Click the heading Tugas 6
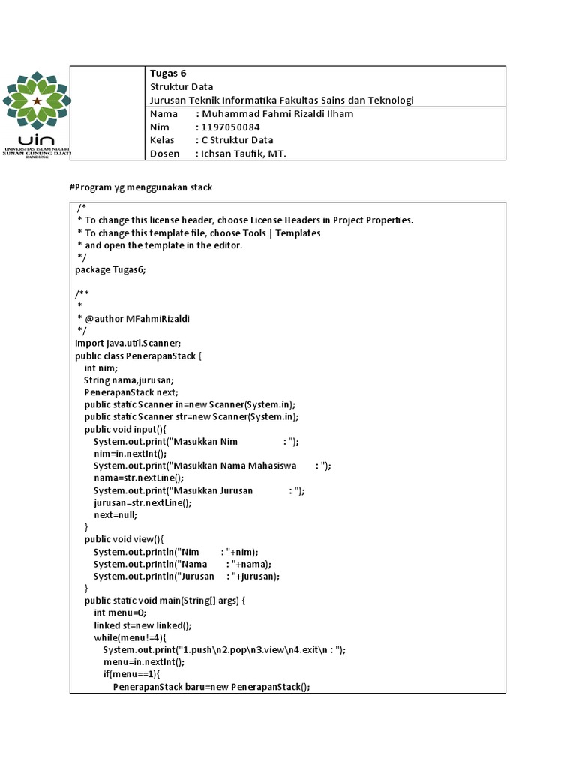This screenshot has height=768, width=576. (x=168, y=73)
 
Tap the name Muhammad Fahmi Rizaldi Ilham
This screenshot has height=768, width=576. (x=274, y=114)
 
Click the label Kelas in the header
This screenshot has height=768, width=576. (x=162, y=140)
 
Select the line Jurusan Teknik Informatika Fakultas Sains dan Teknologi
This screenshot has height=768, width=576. (x=282, y=100)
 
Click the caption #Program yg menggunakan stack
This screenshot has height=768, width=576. (x=141, y=187)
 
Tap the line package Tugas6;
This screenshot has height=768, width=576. (x=110, y=269)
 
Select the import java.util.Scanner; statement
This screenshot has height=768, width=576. (x=128, y=342)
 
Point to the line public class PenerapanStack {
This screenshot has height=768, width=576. (x=139, y=355)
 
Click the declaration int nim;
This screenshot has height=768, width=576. (x=100, y=367)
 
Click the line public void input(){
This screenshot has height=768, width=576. (x=125, y=429)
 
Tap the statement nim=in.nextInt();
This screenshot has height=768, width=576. (x=130, y=454)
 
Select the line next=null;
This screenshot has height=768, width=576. (x=115, y=515)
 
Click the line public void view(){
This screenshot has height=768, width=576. (x=124, y=539)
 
